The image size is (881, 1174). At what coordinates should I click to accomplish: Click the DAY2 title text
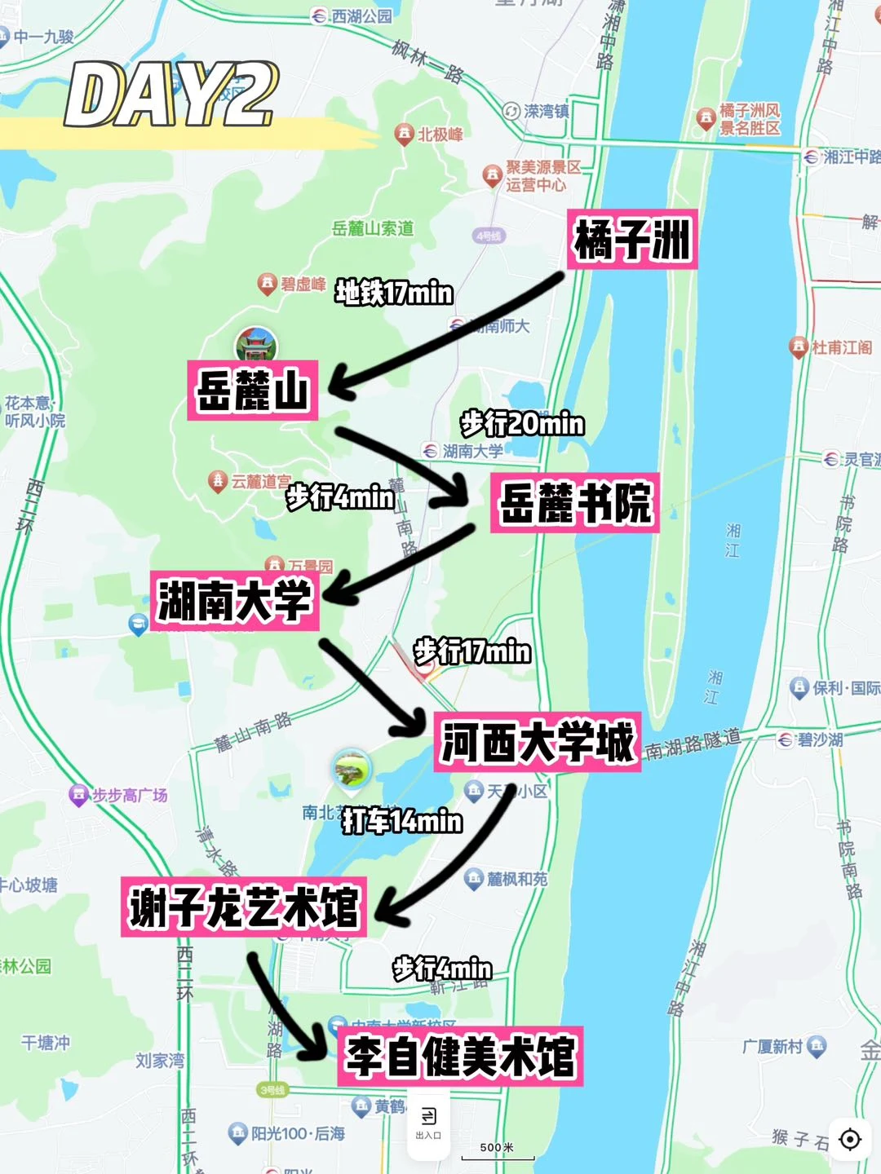coord(171,95)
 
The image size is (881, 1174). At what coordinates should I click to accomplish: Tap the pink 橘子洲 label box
coord(632,241)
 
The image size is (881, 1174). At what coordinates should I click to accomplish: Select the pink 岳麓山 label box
coord(253,391)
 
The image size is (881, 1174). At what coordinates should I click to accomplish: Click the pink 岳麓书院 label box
coord(575,503)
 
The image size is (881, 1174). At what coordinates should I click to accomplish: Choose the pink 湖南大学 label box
coord(235,601)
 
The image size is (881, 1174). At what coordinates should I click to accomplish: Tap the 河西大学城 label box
coord(537,742)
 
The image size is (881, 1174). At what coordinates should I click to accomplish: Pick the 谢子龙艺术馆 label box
coord(244,907)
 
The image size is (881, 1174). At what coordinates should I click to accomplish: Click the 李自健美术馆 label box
coord(460,1056)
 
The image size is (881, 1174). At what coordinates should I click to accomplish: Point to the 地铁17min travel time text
coord(394,292)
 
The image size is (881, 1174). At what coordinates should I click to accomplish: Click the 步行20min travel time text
coord(522,423)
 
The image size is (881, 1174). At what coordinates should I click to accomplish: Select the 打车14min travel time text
coord(402,821)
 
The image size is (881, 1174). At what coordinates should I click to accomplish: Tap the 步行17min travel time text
coord(472,651)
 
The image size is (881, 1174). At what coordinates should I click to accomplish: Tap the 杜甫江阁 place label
coord(840,347)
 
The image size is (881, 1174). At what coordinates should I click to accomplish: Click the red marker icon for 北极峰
coord(404,134)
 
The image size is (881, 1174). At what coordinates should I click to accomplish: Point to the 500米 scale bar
coord(498,1151)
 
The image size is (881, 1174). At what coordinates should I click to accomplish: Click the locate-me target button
coord(850,1139)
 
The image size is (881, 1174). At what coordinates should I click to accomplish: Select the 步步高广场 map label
coord(129,795)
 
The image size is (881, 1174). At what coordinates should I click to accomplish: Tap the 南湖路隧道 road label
coord(693,742)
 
